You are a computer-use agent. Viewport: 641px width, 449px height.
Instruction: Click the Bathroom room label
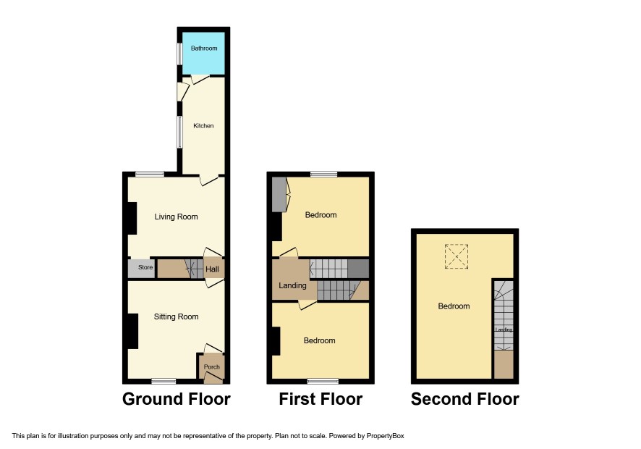click(x=204, y=49)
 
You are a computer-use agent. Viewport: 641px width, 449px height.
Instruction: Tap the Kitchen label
click(x=203, y=126)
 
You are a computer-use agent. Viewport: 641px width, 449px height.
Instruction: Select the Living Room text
click(x=177, y=217)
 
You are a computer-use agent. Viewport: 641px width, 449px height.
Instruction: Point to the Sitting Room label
click(x=177, y=316)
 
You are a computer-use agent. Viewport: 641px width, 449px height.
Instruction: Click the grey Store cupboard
click(x=142, y=269)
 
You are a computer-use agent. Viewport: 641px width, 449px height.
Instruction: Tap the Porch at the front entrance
click(x=212, y=366)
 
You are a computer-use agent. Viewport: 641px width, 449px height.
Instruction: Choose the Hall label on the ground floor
click(x=212, y=269)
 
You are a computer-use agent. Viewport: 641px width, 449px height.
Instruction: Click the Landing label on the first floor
click(x=292, y=285)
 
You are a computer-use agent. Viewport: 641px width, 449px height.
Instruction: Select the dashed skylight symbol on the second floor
click(x=457, y=256)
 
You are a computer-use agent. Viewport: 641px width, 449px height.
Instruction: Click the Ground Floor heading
click(x=177, y=399)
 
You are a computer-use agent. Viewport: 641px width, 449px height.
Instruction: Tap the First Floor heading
click(x=320, y=399)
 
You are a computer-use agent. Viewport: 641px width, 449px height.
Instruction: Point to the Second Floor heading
click(x=464, y=399)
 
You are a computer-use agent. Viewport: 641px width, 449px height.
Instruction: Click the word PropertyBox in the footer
click(x=385, y=436)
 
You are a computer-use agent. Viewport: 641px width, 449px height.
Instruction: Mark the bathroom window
click(x=179, y=54)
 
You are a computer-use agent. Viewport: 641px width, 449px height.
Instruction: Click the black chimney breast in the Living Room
click(x=132, y=219)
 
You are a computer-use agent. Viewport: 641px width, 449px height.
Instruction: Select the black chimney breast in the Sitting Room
click(x=133, y=331)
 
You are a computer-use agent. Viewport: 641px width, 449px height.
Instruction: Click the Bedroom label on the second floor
click(x=454, y=306)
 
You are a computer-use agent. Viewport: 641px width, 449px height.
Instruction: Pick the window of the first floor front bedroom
click(x=323, y=381)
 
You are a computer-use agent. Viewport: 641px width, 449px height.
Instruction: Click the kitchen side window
click(x=179, y=132)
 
